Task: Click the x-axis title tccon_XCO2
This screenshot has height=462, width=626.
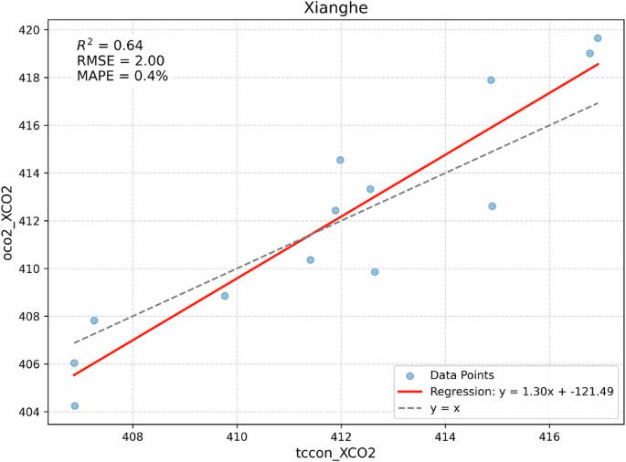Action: coord(335,452)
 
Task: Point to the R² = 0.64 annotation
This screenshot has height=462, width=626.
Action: coord(109,45)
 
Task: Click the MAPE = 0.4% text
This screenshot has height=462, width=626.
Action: coord(122,77)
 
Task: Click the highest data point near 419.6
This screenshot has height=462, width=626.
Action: coord(598,38)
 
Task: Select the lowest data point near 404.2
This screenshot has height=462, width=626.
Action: coord(74,405)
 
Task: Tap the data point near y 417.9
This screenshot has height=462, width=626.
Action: coord(491,80)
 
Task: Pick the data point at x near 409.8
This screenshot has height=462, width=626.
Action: coord(225,296)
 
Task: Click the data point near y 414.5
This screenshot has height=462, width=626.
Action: coord(340,160)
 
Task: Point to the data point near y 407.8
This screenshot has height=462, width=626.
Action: coord(94,320)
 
